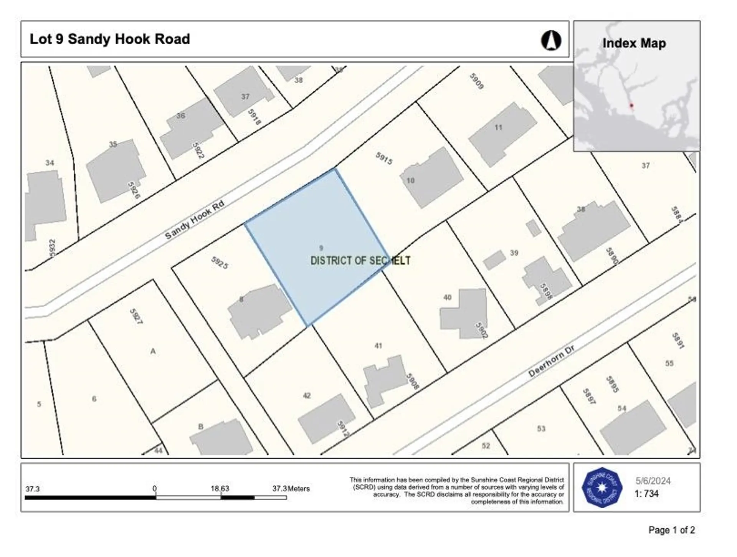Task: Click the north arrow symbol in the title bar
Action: pyautogui.click(x=551, y=40)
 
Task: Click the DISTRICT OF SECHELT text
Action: pyautogui.click(x=360, y=261)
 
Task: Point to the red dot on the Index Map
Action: pyautogui.click(x=631, y=106)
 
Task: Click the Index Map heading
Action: pyautogui.click(x=634, y=43)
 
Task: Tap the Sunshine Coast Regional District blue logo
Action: pyautogui.click(x=601, y=488)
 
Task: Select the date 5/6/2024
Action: pyautogui.click(x=653, y=481)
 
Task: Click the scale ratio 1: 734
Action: pyautogui.click(x=647, y=494)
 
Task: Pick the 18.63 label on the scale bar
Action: pyautogui.click(x=220, y=489)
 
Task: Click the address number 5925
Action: pyautogui.click(x=220, y=263)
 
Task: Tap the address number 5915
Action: pyautogui.click(x=384, y=158)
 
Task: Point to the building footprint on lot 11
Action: pyautogui.click(x=502, y=134)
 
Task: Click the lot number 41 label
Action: pyautogui.click(x=378, y=346)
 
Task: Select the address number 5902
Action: pyautogui.click(x=481, y=330)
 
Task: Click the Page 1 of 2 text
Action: pyautogui.click(x=671, y=530)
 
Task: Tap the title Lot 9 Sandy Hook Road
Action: pyautogui.click(x=110, y=39)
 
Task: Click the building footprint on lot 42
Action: pyautogui.click(x=326, y=418)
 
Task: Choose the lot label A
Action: pyautogui.click(x=153, y=351)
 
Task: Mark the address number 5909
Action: pyautogui.click(x=476, y=81)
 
